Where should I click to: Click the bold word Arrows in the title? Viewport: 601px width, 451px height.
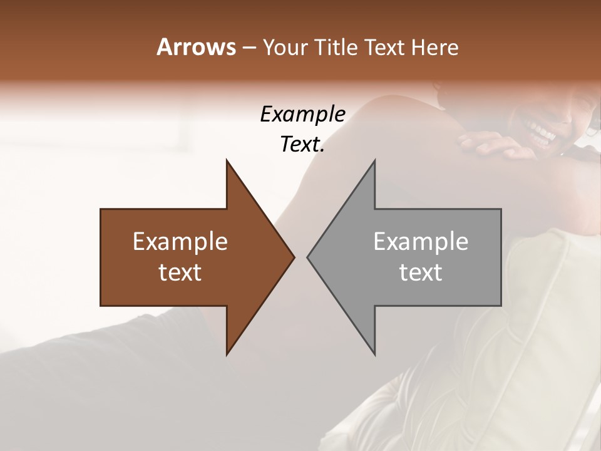tap(196, 47)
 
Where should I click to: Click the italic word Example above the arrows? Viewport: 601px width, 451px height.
tap(303, 114)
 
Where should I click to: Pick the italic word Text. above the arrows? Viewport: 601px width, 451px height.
tap(303, 144)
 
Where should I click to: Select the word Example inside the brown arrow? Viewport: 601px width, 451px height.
tap(180, 242)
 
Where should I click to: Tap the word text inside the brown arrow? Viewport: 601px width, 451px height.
tap(180, 272)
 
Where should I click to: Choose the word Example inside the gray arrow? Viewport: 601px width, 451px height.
tap(421, 242)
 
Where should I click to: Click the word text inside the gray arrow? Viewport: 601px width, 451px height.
tap(421, 272)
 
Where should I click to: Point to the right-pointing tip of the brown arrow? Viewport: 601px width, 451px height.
tap(294, 257)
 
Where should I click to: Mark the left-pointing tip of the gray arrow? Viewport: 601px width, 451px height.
tap(307, 257)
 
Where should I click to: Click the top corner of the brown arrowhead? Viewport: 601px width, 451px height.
tap(227, 160)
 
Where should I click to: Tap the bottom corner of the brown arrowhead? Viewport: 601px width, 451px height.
tap(227, 355)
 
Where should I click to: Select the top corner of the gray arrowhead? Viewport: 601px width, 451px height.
tap(375, 160)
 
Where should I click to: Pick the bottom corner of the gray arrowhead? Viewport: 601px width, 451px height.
tap(375, 355)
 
